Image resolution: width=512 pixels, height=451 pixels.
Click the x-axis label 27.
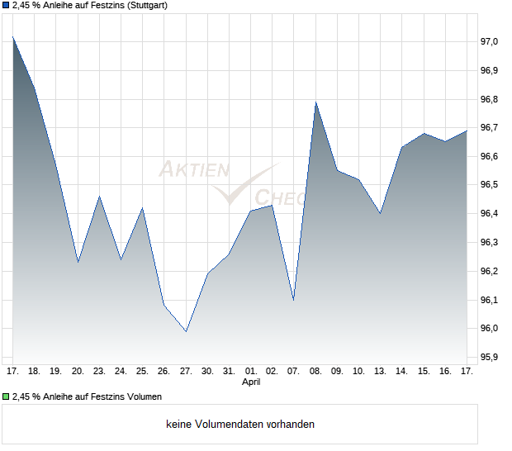186,372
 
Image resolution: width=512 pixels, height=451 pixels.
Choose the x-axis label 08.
315,372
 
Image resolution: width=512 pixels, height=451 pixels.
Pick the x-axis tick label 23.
99,372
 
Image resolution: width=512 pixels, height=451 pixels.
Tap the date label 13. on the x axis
380,372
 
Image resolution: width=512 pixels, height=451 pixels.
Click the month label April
252,382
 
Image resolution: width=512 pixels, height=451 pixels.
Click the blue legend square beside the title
6,6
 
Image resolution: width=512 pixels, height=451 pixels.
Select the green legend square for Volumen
6,396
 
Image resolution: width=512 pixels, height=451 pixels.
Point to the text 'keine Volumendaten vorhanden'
240,425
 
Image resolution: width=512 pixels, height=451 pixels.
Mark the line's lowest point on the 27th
186,331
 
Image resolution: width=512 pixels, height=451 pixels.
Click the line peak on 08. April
315,102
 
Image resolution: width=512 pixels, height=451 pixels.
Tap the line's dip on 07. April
294,299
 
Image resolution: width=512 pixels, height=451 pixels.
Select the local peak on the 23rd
99,197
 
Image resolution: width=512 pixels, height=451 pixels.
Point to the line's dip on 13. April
380,213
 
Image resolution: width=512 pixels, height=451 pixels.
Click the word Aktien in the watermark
193,170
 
